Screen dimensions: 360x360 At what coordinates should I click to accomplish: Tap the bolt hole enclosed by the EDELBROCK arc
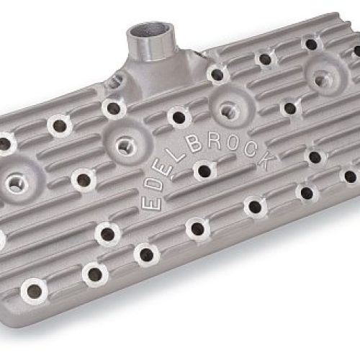[x=204, y=171]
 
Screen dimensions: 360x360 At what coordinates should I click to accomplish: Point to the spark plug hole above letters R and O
[x=228, y=109]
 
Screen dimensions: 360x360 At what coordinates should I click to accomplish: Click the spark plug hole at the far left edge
[x=16, y=182]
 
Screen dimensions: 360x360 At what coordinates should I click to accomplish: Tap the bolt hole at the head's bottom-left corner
[x=33, y=292]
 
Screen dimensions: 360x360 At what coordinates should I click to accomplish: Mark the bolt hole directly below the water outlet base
[x=114, y=109]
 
